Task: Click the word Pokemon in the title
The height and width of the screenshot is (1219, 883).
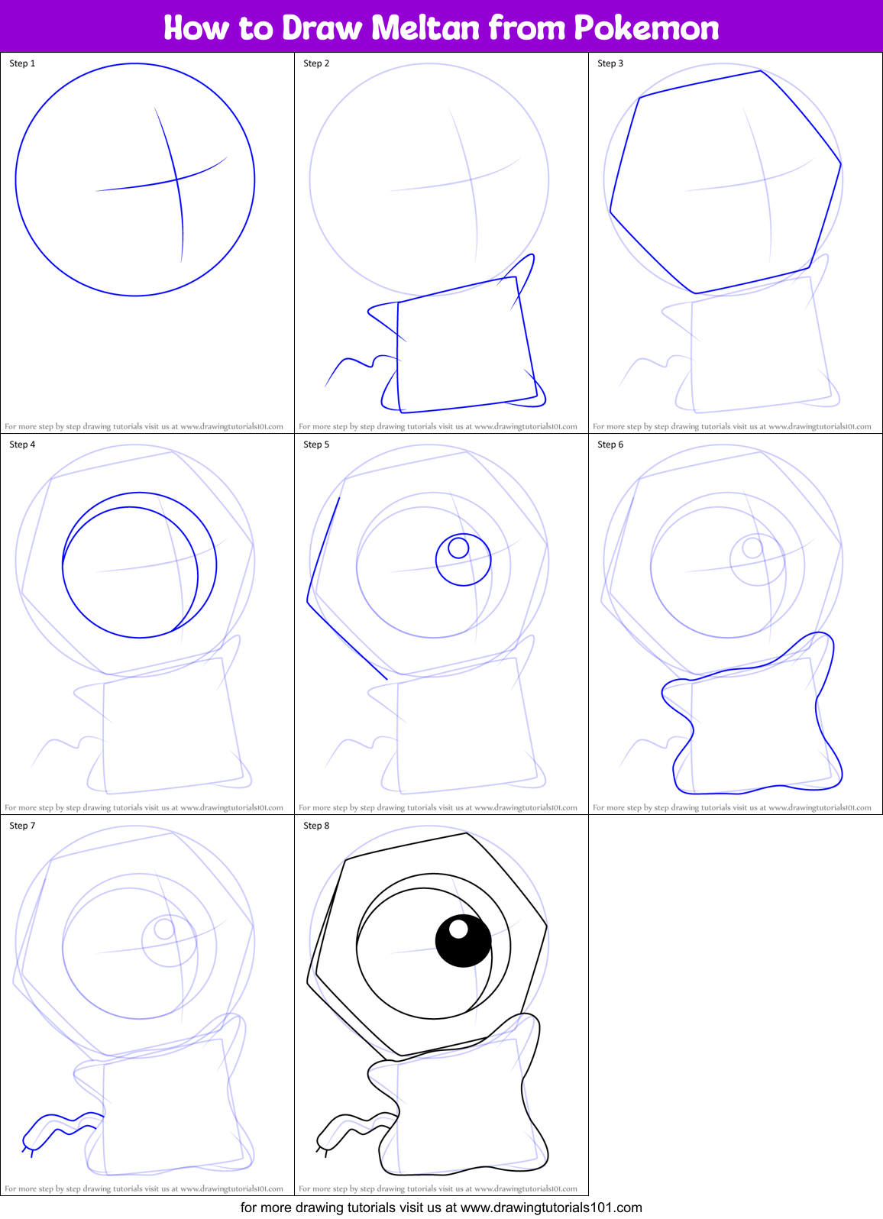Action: click(x=646, y=28)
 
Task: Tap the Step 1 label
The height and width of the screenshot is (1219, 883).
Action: click(x=22, y=63)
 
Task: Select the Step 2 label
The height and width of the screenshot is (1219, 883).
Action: click(x=316, y=63)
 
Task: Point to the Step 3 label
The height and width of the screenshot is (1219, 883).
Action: click(x=610, y=63)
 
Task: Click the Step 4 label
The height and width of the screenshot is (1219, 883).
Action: click(x=22, y=445)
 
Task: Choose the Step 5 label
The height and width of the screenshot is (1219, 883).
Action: click(x=316, y=445)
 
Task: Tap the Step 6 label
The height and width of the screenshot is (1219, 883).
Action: click(x=610, y=445)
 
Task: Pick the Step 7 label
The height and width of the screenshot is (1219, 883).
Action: click(x=22, y=826)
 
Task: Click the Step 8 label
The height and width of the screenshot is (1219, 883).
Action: click(x=316, y=826)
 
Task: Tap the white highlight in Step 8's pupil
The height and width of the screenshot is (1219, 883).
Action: click(x=458, y=929)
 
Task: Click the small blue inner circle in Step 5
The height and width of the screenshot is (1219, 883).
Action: click(x=458, y=548)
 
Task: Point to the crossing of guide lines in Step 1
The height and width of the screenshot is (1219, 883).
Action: click(x=176, y=180)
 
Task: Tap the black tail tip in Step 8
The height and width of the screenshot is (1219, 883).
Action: click(x=321, y=1146)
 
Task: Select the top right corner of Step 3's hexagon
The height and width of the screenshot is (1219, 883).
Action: click(x=840, y=163)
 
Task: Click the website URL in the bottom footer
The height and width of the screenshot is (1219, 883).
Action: click(x=551, y=1208)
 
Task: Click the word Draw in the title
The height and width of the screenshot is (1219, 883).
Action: click(x=322, y=28)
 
